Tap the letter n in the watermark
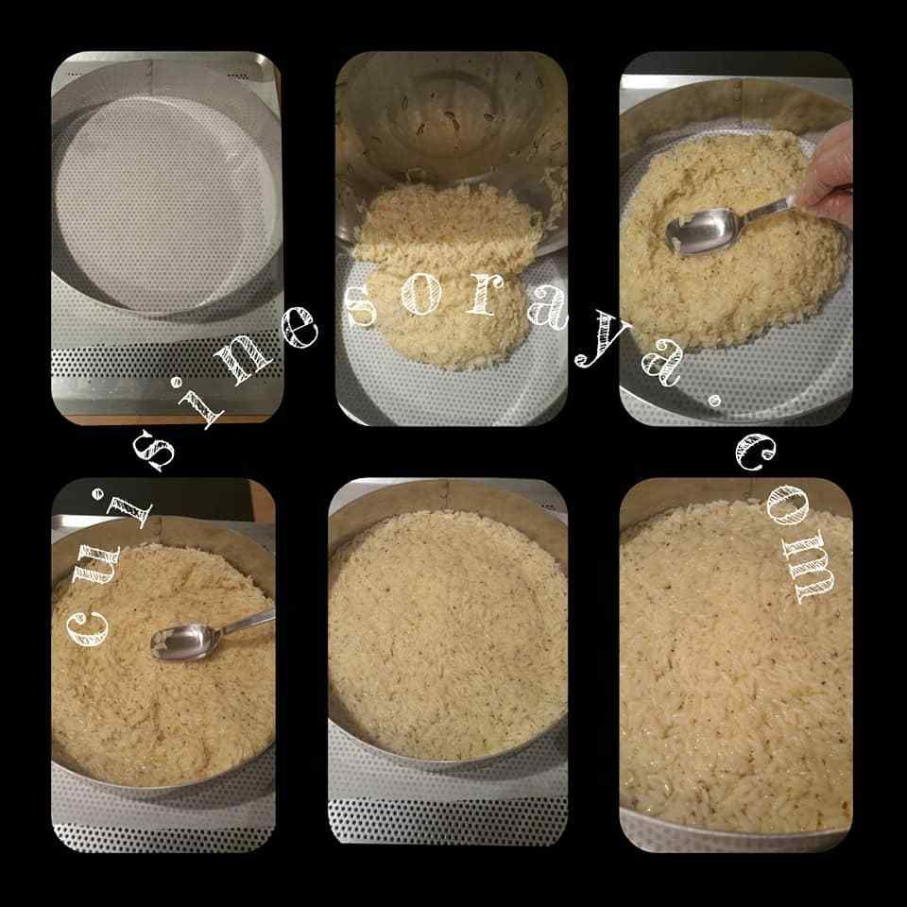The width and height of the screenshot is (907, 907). (243, 362)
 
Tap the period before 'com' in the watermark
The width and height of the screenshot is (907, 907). (715, 400)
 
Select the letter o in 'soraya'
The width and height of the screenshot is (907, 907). (421, 295)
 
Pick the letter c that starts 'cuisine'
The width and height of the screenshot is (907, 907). (87, 627)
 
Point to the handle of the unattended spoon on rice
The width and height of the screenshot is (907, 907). (247, 621)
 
